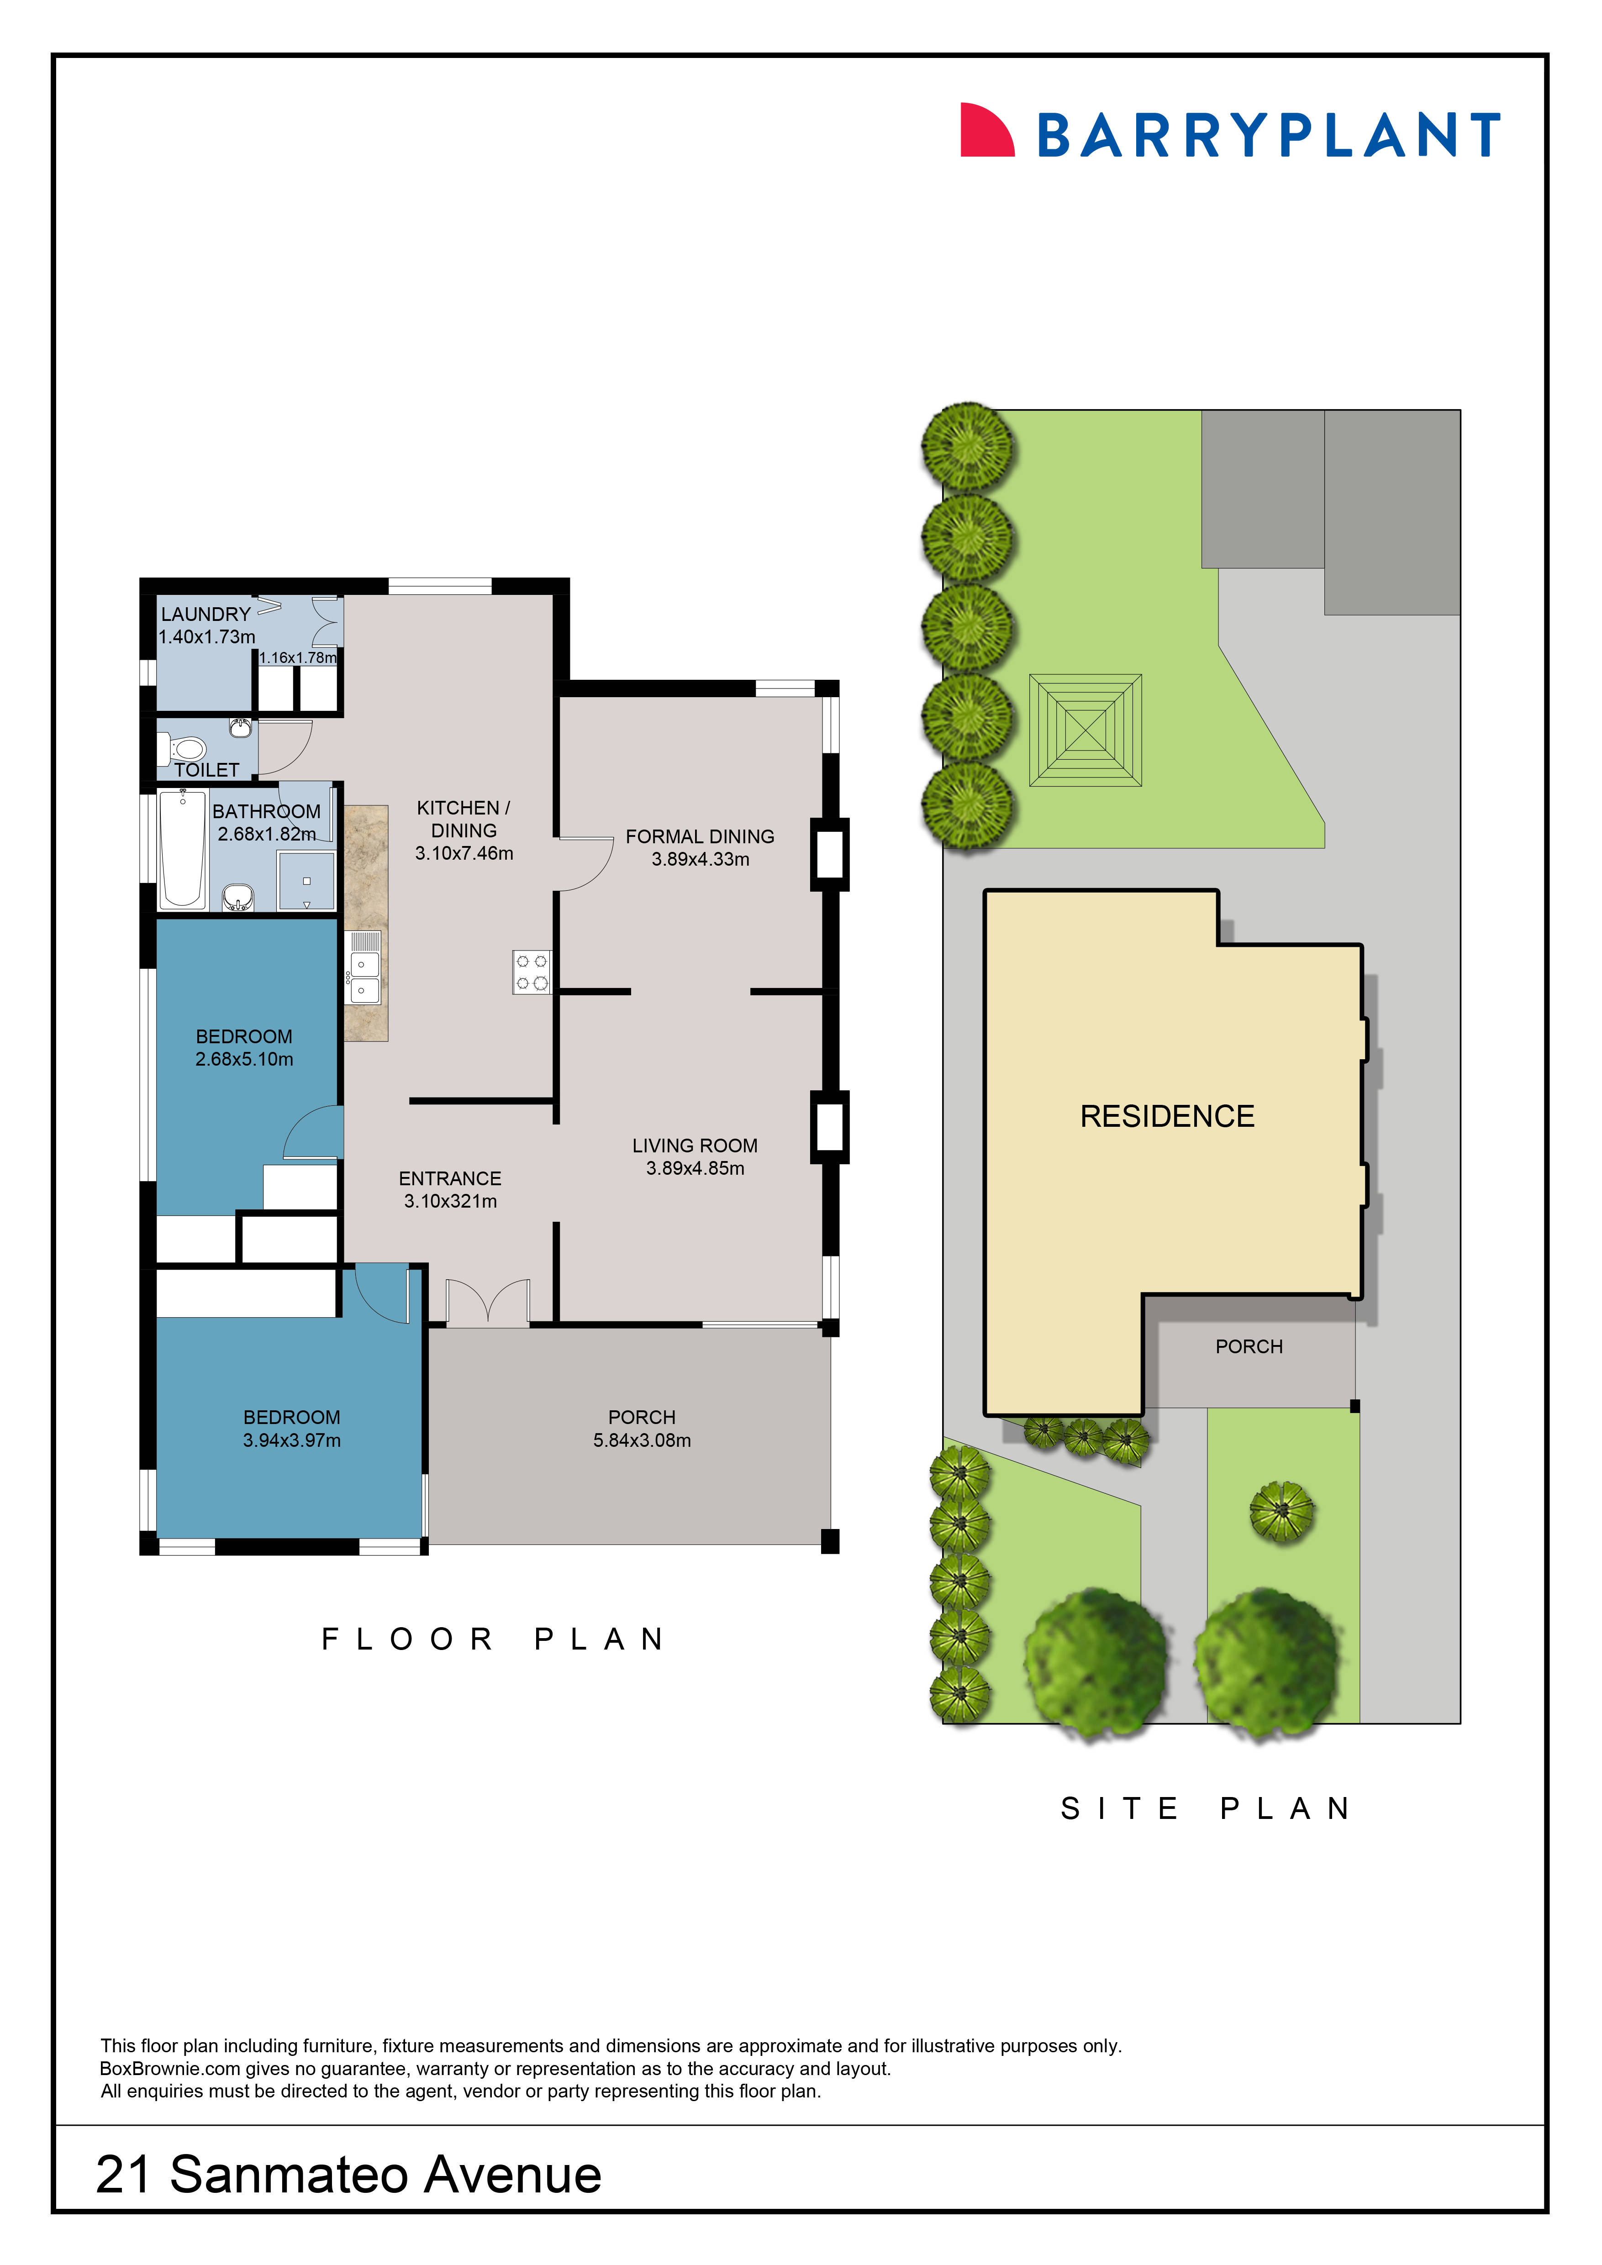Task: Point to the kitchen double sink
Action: (x=365, y=977)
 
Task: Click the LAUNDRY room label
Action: (x=206, y=614)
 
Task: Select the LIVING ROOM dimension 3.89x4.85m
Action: (x=696, y=1168)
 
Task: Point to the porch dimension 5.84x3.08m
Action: (x=642, y=1440)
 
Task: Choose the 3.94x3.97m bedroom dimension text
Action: (x=292, y=1440)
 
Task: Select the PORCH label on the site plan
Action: (x=1249, y=1346)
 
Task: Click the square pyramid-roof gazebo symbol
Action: (x=1085, y=730)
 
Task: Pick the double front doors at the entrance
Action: (x=488, y=1302)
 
